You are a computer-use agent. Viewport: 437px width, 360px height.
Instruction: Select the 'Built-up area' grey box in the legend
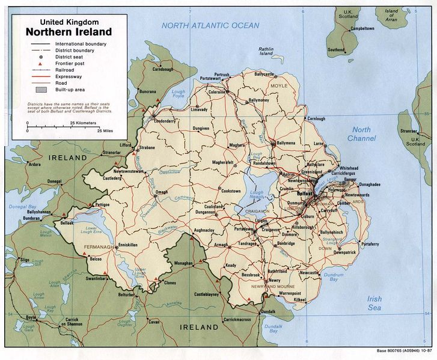(x=40, y=90)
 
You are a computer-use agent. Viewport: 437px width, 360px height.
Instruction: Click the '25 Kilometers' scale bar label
(x=82, y=122)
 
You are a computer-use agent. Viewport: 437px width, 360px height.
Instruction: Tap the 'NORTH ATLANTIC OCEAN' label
(x=210, y=25)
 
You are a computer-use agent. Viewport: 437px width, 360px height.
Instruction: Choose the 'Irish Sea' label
(x=374, y=303)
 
